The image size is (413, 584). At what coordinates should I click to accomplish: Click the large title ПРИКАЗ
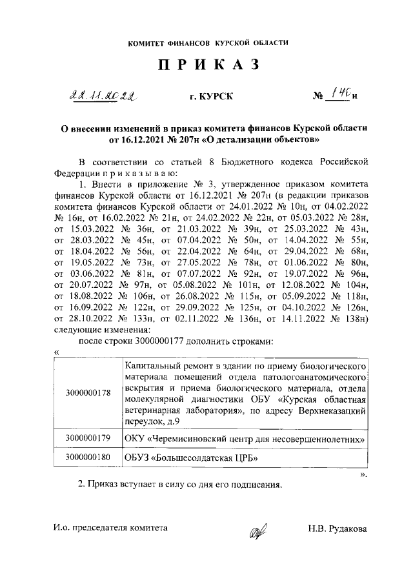point(206,65)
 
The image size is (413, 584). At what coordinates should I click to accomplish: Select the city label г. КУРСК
point(207,97)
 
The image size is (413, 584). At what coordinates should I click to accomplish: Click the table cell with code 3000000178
point(88,392)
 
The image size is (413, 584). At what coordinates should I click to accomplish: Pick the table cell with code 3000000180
point(88,458)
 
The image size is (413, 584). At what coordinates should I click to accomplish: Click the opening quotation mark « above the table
point(57,352)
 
